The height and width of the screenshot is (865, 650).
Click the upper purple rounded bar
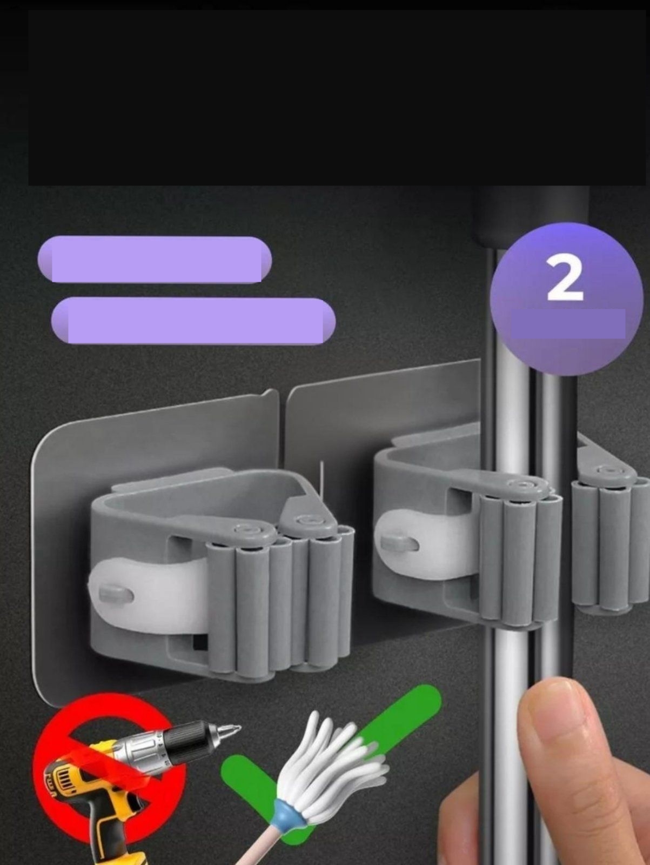point(155,259)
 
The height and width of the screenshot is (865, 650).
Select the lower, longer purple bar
point(193,321)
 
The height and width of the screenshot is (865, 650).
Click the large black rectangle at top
point(335,97)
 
